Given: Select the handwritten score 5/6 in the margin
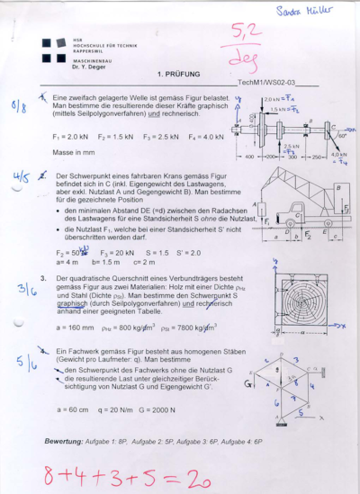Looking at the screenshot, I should pyautogui.click(x=26, y=363).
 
